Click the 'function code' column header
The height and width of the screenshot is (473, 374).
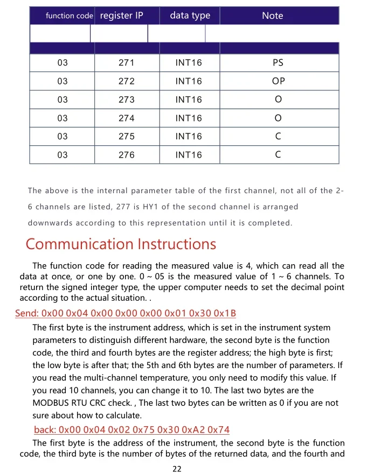[69, 16]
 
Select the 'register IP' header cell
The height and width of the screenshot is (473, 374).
[122, 16]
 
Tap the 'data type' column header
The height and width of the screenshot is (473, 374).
[190, 16]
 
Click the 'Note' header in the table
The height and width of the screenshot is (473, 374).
[272, 16]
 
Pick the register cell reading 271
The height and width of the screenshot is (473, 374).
[126, 63]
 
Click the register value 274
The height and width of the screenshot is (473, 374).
[126, 118]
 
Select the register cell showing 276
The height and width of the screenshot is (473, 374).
[126, 156]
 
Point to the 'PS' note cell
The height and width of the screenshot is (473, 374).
[278, 63]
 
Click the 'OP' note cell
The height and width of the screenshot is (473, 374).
[278, 81]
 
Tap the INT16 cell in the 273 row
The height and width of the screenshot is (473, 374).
[189, 100]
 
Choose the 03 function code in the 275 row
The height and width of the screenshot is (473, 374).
[63, 137]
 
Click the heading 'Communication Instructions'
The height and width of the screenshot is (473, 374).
[121, 244]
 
